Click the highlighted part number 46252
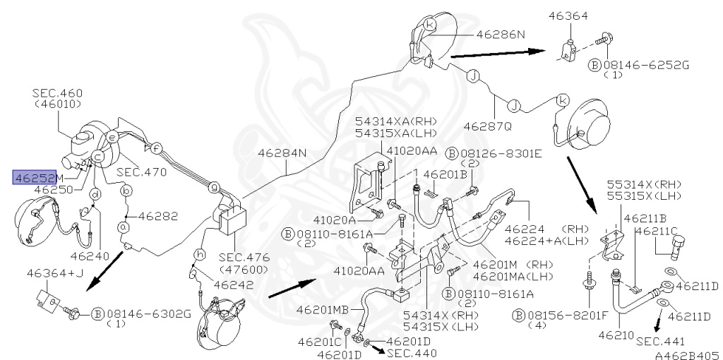[35, 177]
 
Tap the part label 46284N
[282, 153]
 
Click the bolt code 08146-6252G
[647, 66]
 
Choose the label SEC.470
[141, 172]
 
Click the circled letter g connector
[213, 186]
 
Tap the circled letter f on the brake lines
[157, 148]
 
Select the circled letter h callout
[200, 254]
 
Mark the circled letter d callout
[95, 195]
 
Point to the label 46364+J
[54, 274]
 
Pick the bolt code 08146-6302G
[148, 314]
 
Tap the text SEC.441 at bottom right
[660, 342]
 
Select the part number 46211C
[657, 231]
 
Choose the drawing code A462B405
[688, 355]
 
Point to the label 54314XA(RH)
[395, 121]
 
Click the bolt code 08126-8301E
[500, 154]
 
